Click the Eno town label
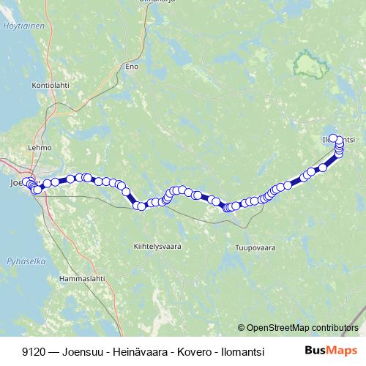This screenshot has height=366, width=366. [132, 67]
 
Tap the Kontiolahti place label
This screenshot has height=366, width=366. [50, 86]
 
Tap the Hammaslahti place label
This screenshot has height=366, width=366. [81, 279]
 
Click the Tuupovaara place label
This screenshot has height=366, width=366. [255, 247]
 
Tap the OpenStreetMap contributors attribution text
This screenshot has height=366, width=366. [298, 327]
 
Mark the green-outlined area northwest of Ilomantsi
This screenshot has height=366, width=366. [310, 66]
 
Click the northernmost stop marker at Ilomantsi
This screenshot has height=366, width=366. [333, 138]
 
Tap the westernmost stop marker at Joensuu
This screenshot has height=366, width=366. [26, 182]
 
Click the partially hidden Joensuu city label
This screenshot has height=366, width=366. [15, 183]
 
